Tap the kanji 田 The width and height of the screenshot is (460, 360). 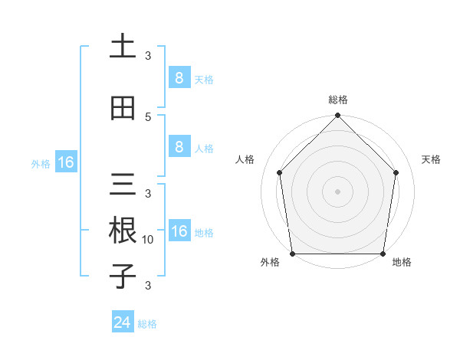pyautogui.click(x=123, y=108)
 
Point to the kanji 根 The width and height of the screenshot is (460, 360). pyautogui.click(x=123, y=231)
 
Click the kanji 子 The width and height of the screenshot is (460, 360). pyautogui.click(x=123, y=276)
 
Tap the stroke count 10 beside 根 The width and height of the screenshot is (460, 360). pyautogui.click(x=148, y=240)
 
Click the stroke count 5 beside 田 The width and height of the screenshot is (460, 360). pyautogui.click(x=148, y=116)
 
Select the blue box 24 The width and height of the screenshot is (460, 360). pyautogui.click(x=123, y=322)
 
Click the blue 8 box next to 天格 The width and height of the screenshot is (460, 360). pyautogui.click(x=179, y=77)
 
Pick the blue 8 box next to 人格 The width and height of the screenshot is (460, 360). pyautogui.click(x=179, y=146)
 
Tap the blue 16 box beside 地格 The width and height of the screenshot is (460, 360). pyautogui.click(x=179, y=231)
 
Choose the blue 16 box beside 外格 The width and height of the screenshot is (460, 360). pyautogui.click(x=65, y=162)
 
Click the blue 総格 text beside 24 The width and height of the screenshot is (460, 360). pyautogui.click(x=147, y=324)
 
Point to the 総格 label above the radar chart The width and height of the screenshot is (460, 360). pyautogui.click(x=338, y=100)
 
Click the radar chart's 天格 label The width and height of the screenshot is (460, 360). pyautogui.click(x=432, y=159)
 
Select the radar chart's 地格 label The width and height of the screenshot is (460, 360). pyautogui.click(x=402, y=262)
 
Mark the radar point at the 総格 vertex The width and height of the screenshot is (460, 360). pyautogui.click(x=338, y=116)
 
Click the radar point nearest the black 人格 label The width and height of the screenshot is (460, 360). pyautogui.click(x=280, y=172)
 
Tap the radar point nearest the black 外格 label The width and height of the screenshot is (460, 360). pyautogui.click(x=293, y=254)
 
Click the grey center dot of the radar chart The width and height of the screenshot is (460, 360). pyautogui.click(x=338, y=191)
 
